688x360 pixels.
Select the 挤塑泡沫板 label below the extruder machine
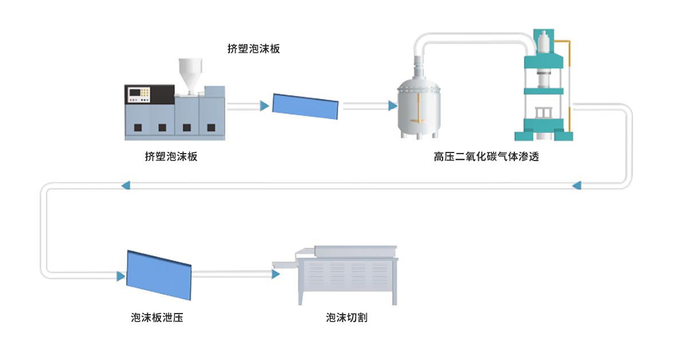point(171,156)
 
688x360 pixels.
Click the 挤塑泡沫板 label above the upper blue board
point(253,49)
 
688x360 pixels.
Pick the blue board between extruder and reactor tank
point(305,106)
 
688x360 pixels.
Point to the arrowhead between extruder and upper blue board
point(264,105)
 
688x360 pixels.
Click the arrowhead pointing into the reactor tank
point(393,105)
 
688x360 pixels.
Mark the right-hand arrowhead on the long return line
point(577,185)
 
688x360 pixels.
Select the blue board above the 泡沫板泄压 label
point(158,275)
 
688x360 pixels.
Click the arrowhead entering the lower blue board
point(120,276)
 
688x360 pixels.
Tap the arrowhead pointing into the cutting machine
point(276,274)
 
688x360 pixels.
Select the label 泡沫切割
point(346,318)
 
